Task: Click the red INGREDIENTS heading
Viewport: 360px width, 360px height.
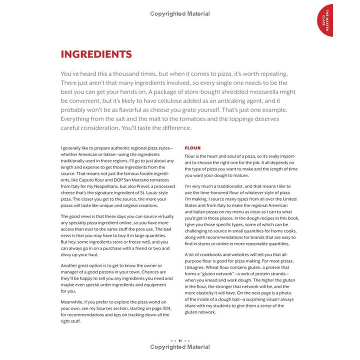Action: coord(96,54)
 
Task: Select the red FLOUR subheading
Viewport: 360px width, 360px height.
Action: coord(192,148)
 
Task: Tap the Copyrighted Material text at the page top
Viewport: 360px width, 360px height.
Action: coord(180,14)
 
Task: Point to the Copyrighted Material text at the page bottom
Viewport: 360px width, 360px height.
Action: coord(180,347)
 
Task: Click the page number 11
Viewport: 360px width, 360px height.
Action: coord(180,340)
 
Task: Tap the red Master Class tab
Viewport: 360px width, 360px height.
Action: coord(325,20)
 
